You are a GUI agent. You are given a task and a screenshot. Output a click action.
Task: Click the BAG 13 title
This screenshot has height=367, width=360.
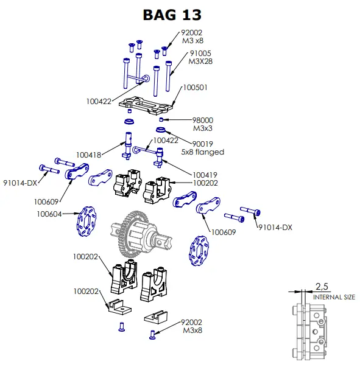pos(172,15)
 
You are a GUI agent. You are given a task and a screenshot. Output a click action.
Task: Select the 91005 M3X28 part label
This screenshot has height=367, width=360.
pos(200,57)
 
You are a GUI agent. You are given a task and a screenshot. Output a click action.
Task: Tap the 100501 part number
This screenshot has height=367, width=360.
pos(195,88)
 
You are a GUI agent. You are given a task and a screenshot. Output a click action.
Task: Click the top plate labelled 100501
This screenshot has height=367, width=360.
pos(146,105)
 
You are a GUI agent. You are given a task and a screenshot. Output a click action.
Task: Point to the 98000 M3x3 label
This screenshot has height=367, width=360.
pos(203,124)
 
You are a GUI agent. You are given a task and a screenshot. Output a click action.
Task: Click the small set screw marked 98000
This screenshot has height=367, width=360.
pos(161,120)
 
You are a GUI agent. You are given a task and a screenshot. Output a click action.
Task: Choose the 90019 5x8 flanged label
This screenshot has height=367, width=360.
pos(203,148)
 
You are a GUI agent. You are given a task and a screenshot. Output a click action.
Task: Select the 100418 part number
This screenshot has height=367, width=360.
pos(88,155)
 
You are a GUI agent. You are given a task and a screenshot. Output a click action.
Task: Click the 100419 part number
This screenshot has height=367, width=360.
pos(205,175)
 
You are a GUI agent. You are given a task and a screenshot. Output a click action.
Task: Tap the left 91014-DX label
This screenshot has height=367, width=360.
pos(20,183)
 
